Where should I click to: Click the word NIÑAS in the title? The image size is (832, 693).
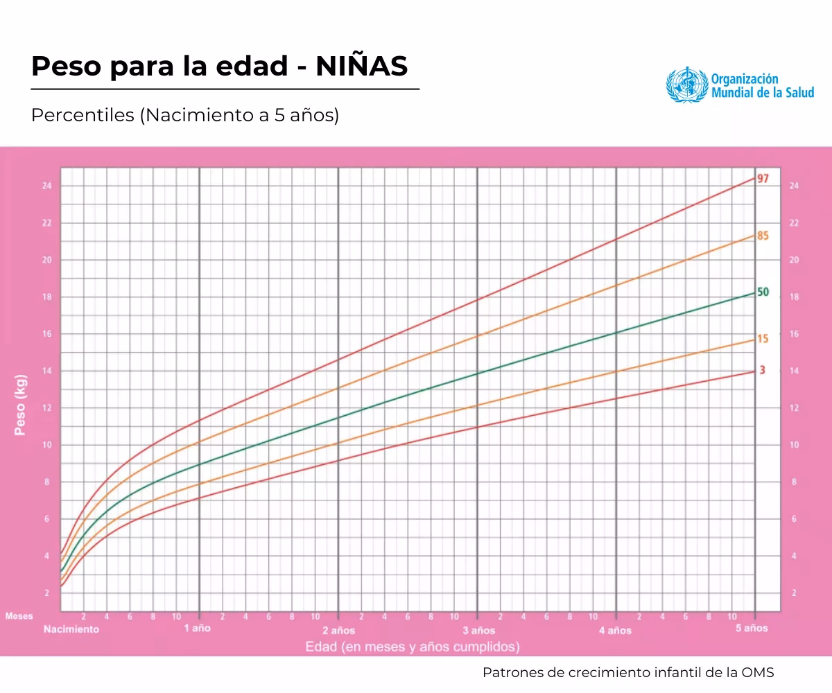[361, 67]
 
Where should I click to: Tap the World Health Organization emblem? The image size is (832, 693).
[687, 85]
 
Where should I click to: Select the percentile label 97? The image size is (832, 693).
[763, 178]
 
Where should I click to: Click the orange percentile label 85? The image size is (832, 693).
[763, 236]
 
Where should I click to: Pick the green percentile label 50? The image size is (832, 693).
[763, 292]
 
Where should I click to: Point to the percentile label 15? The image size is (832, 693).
[763, 339]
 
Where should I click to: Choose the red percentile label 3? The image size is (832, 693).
[762, 370]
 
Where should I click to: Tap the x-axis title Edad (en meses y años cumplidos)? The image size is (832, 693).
[412, 647]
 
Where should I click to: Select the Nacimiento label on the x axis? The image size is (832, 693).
[71, 629]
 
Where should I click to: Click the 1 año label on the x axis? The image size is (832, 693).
[197, 629]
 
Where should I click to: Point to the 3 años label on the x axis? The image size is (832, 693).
[478, 630]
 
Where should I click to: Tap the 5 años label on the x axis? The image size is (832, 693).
[752, 629]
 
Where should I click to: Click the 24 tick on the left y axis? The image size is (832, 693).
[46, 186]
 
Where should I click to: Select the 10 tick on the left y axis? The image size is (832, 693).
[46, 445]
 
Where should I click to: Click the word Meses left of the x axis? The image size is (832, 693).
[19, 616]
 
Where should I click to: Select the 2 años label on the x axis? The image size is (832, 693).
[338, 630]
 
